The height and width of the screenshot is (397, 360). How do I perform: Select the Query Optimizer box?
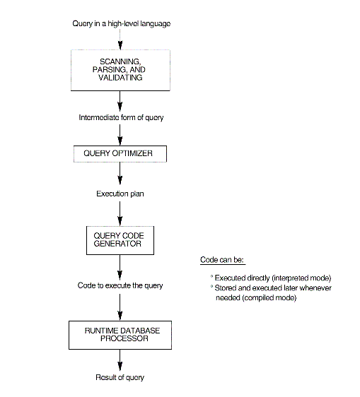click(x=120, y=153)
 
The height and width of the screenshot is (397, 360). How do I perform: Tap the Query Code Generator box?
click(x=120, y=239)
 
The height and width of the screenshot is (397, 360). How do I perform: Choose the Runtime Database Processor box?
click(x=120, y=334)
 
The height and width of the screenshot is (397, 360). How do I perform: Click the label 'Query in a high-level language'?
click(x=121, y=24)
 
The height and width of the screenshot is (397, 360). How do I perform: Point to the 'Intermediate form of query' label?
click(x=121, y=117)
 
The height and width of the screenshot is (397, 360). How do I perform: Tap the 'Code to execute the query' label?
click(x=120, y=285)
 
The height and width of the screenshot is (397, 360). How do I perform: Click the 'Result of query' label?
click(x=120, y=377)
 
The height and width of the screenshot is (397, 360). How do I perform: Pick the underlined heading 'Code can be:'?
click(x=222, y=260)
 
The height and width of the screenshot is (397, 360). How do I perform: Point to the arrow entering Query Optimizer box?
click(x=120, y=134)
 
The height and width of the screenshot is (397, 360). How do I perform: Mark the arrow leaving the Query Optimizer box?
click(x=120, y=172)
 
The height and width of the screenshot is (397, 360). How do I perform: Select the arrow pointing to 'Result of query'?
click(x=120, y=360)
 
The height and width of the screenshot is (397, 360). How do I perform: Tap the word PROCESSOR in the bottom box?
click(x=120, y=338)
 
